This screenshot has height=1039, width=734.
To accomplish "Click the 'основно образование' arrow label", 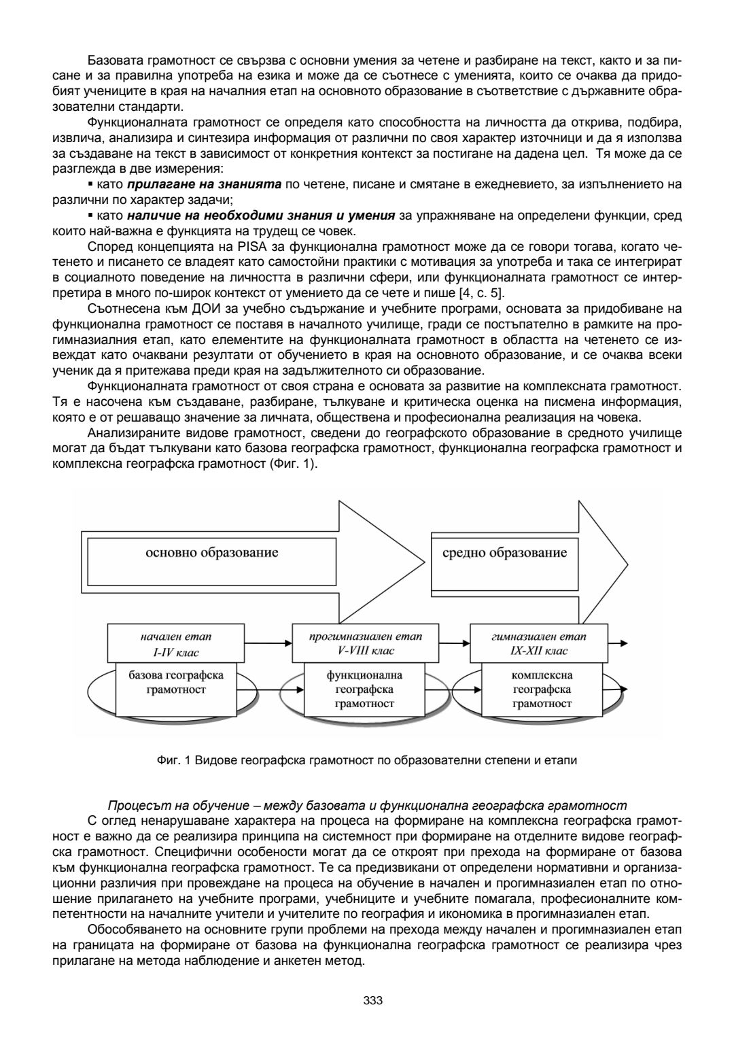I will coord(211,552).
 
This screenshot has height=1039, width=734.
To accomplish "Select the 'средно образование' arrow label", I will coord(504,552).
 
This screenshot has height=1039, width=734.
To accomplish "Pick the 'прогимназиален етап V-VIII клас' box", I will coord(365,644).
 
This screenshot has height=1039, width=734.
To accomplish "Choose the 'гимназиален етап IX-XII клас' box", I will coord(538,644).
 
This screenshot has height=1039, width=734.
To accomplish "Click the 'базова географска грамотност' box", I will coord(176,683).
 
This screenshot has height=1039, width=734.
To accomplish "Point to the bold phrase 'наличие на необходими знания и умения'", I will coord(261,216).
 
